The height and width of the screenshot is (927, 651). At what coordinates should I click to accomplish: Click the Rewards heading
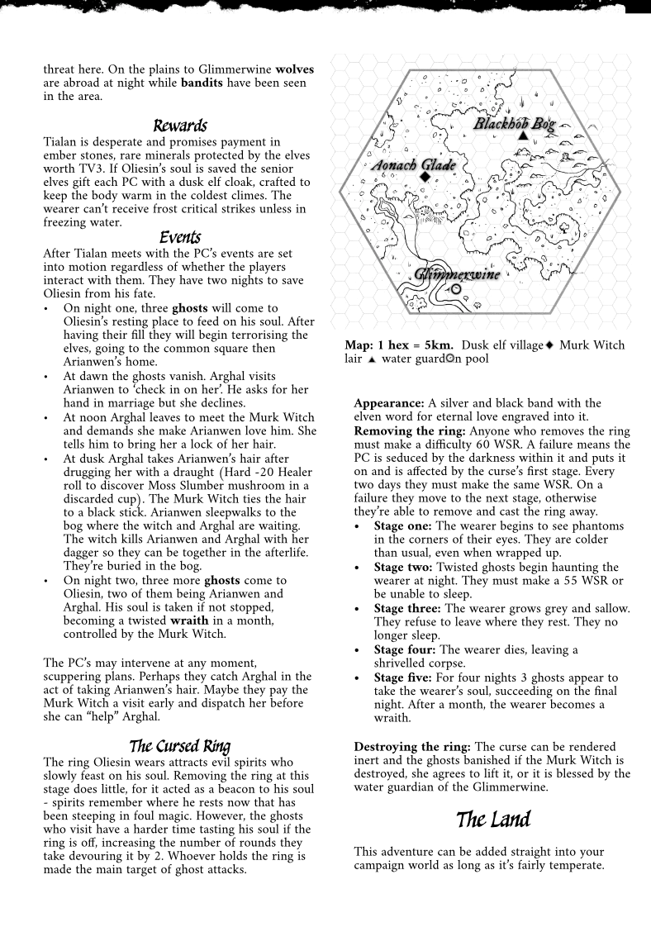pos(179,126)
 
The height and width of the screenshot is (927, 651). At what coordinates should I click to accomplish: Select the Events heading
pos(180,238)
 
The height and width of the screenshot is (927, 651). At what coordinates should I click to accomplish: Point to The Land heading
pos(493,820)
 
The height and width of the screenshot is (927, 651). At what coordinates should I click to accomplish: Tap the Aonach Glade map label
pos(414,165)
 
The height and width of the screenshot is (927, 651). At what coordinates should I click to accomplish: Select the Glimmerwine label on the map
pos(457,274)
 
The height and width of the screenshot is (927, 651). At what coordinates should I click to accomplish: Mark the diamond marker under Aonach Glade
pos(425,177)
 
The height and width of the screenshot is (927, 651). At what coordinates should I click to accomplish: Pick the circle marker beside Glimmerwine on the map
pos(456,290)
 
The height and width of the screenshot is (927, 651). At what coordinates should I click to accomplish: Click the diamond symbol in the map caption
pos(549,345)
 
